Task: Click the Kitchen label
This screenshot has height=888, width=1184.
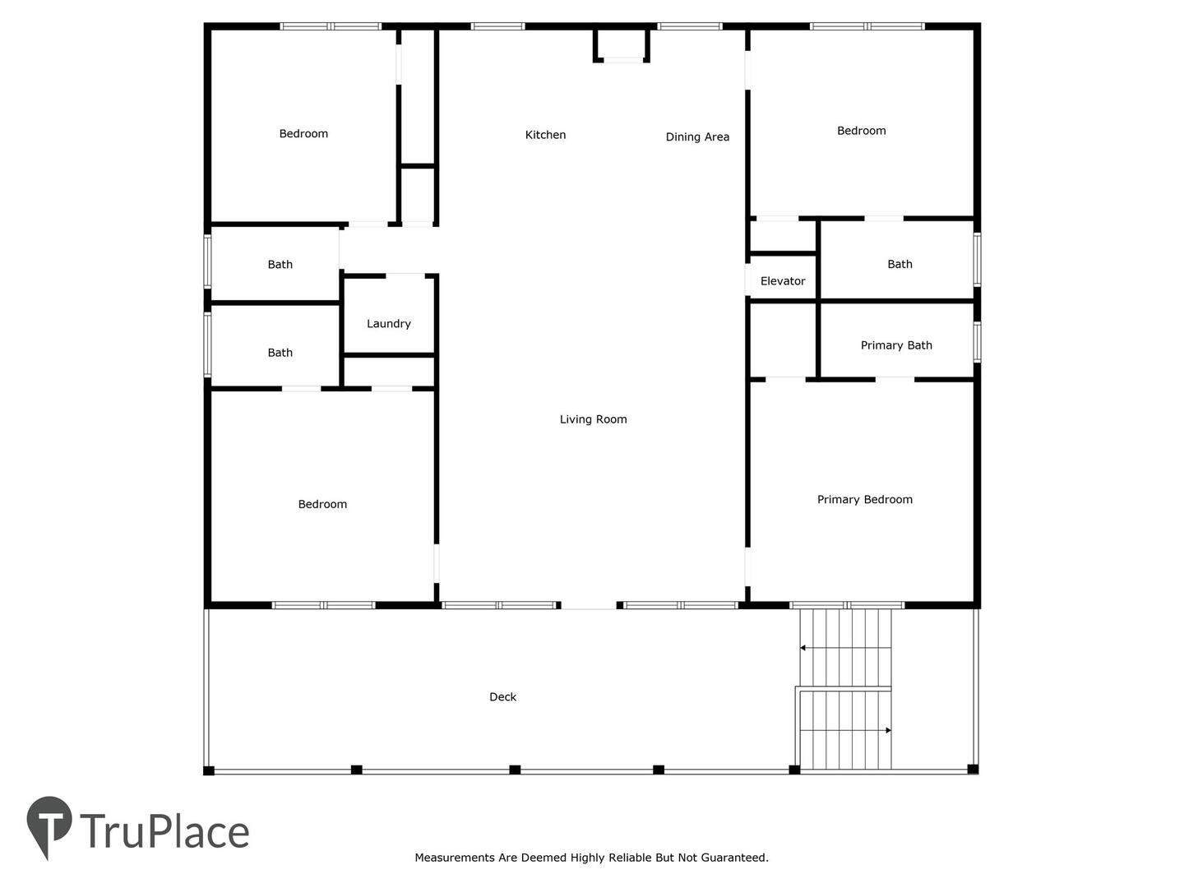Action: coord(545,135)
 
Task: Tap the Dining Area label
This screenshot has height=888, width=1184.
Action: coord(697,137)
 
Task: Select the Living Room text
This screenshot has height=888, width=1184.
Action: coord(594,419)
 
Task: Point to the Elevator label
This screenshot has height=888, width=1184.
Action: coord(783,281)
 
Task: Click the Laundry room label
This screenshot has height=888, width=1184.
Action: coord(389,323)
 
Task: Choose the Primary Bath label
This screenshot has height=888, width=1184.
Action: coord(896,345)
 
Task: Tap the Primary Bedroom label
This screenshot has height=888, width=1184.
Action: coord(865,500)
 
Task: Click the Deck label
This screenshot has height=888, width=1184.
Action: coord(502,697)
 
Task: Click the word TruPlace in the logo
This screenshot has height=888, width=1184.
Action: coord(165,831)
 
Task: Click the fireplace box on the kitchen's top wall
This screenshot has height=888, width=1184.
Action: coord(622,44)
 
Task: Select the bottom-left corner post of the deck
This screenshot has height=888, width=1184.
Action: coord(209,770)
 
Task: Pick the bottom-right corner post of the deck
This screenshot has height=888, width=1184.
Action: coord(973,769)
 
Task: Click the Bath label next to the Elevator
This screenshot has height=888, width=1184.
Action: coord(900,264)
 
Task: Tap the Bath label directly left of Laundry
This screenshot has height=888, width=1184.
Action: coord(280,353)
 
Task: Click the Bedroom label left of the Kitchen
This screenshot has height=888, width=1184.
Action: coord(303,134)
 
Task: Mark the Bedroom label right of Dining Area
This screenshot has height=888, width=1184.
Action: coord(862,131)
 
